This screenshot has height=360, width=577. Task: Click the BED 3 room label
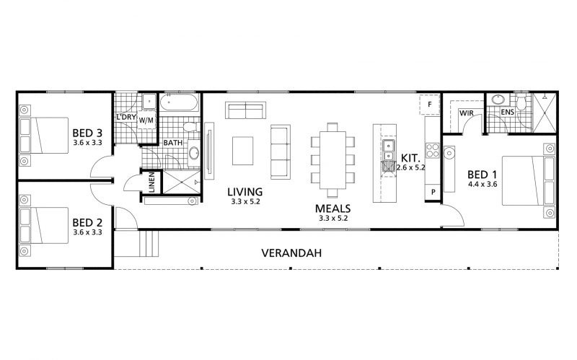(x=87, y=133)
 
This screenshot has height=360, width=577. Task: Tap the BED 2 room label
(x=87, y=223)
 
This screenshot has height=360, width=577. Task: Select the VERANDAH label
(x=291, y=253)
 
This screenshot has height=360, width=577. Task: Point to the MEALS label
(x=332, y=208)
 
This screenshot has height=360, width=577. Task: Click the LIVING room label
(x=245, y=192)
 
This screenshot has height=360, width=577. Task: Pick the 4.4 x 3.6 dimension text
(x=483, y=184)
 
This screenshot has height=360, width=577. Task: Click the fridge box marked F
(x=429, y=105)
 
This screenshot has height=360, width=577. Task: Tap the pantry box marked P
(x=433, y=192)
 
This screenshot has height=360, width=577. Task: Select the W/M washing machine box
(x=146, y=120)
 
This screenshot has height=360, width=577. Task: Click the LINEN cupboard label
(x=151, y=183)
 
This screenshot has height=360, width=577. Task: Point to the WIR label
(x=466, y=113)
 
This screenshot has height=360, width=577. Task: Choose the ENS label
(x=508, y=112)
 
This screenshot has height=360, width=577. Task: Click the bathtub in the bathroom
(x=180, y=102)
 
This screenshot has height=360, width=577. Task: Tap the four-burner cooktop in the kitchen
(x=432, y=151)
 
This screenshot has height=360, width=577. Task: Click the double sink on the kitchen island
(x=388, y=151)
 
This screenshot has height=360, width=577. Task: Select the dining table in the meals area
(x=332, y=159)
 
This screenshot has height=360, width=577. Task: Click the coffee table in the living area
(x=242, y=151)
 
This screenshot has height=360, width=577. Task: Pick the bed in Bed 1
(x=529, y=181)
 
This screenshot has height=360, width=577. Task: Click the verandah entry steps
(x=149, y=243)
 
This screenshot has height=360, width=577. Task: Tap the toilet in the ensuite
(x=521, y=102)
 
